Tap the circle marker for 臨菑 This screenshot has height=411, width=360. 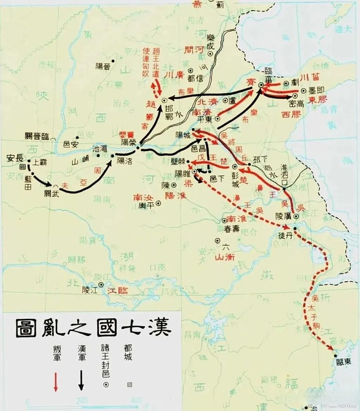(261, 85)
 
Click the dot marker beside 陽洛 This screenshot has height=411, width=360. (113, 156)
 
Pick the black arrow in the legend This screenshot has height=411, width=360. (81, 380)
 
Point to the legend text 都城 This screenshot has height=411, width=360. (128, 353)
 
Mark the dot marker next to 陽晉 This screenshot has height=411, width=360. (113, 61)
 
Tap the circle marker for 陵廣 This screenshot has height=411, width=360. (296, 217)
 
